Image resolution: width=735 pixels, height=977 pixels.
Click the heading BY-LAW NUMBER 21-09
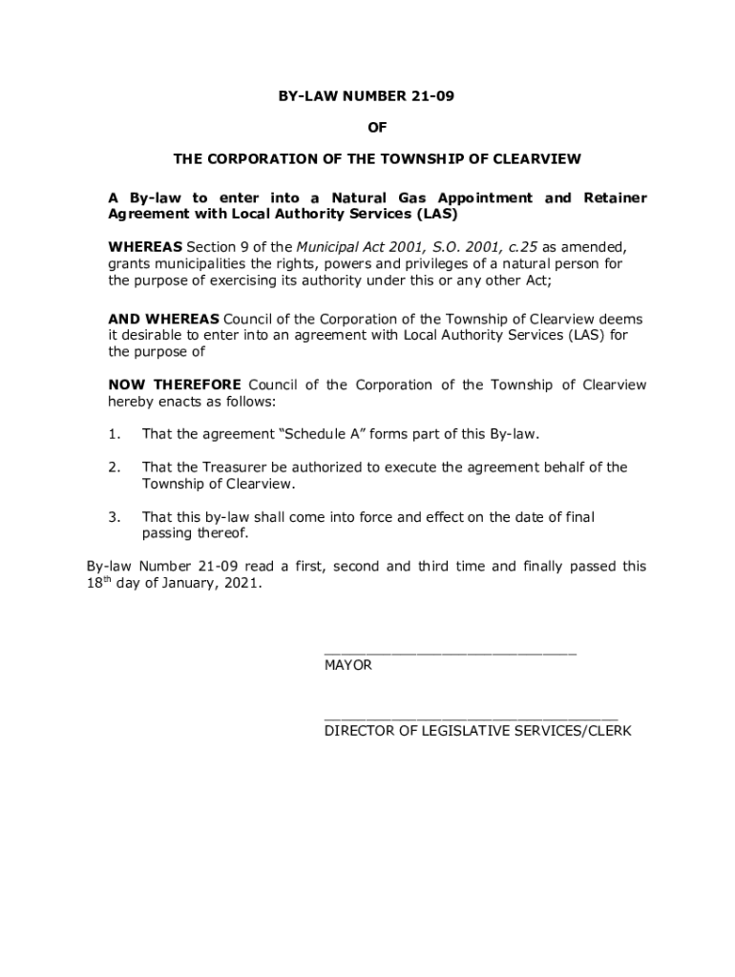pos(367,96)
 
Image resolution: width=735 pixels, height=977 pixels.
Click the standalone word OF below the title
pos(367,127)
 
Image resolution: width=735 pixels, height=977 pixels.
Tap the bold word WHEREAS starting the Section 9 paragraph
pos(144,247)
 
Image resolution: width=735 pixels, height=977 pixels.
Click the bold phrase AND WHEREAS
pos(163,319)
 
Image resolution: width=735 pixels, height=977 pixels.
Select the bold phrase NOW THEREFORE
pos(174,385)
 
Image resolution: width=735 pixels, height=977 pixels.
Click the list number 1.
pos(113,435)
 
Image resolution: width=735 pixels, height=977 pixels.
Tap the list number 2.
pos(113,468)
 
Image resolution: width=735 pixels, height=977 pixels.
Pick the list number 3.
pos(113,517)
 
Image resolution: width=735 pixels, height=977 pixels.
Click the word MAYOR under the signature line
pos(348,665)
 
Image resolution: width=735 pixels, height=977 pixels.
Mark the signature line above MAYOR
pos(450,654)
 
